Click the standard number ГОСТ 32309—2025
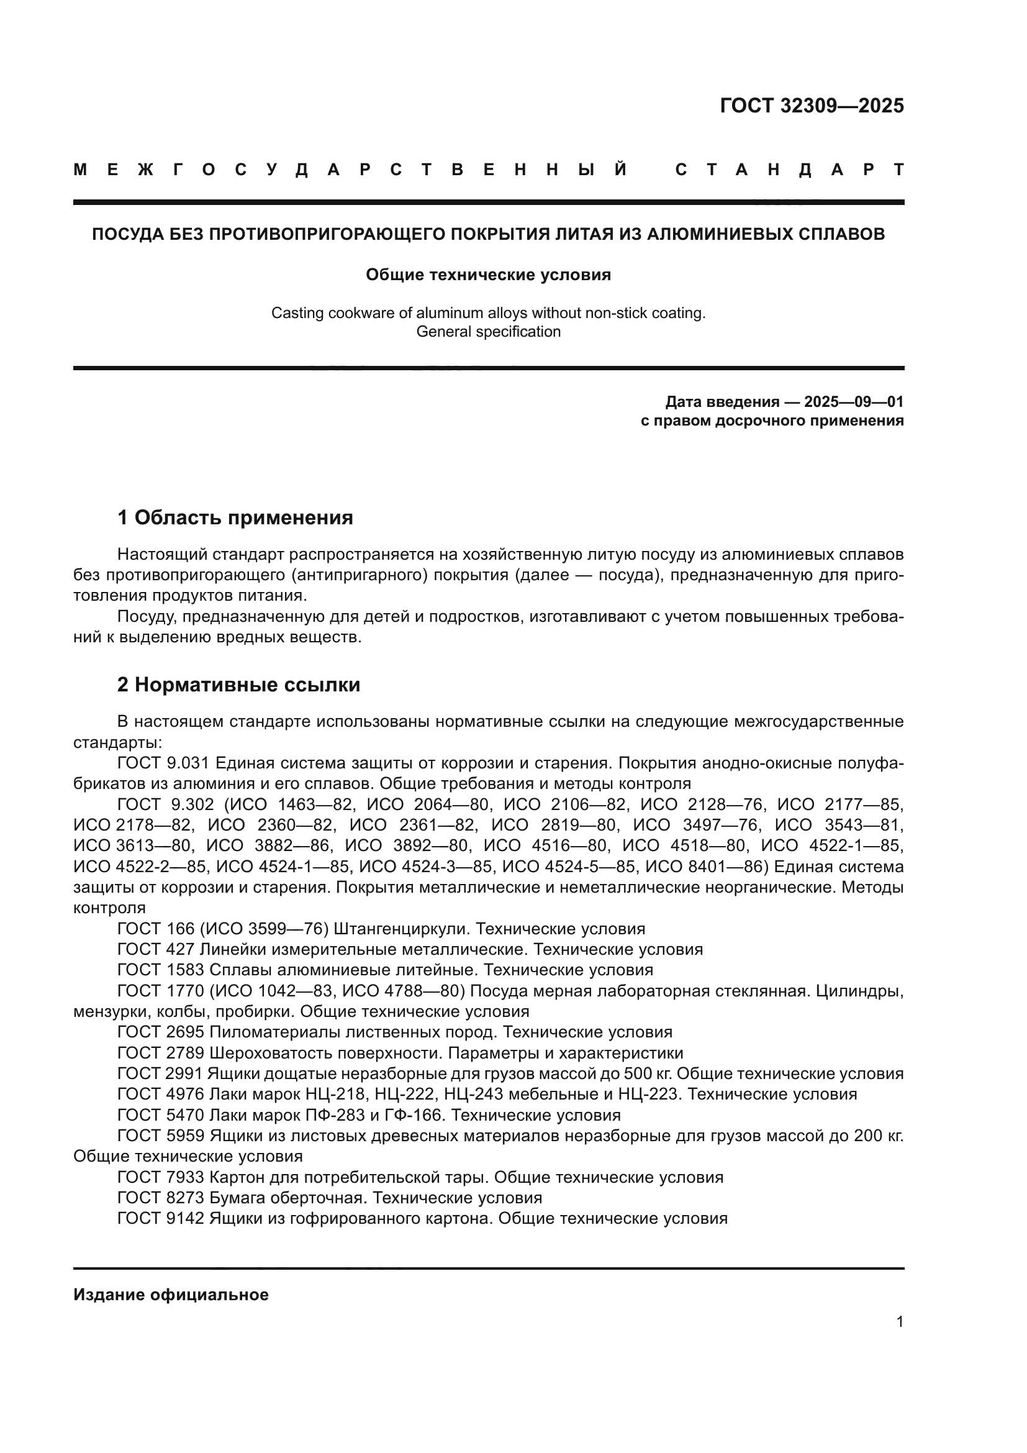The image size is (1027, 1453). [x=812, y=106]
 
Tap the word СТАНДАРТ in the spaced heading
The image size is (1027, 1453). [x=789, y=170]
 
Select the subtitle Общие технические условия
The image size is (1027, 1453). [x=488, y=275]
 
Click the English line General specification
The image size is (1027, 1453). [x=488, y=332]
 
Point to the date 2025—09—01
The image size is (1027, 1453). [x=854, y=402]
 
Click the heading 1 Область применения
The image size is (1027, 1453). [x=235, y=517]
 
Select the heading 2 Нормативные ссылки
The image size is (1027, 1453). [x=238, y=685]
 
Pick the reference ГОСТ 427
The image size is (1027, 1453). [x=156, y=949]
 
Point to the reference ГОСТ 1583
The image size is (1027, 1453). [x=161, y=970]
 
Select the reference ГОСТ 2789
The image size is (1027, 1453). [x=161, y=1053]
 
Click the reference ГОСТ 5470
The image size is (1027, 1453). [x=161, y=1115]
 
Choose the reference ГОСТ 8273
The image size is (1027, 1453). [x=161, y=1198]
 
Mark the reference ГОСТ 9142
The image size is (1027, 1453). [x=161, y=1218]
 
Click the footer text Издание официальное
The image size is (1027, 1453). [x=171, y=1295]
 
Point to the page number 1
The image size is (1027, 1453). [x=900, y=1322]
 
